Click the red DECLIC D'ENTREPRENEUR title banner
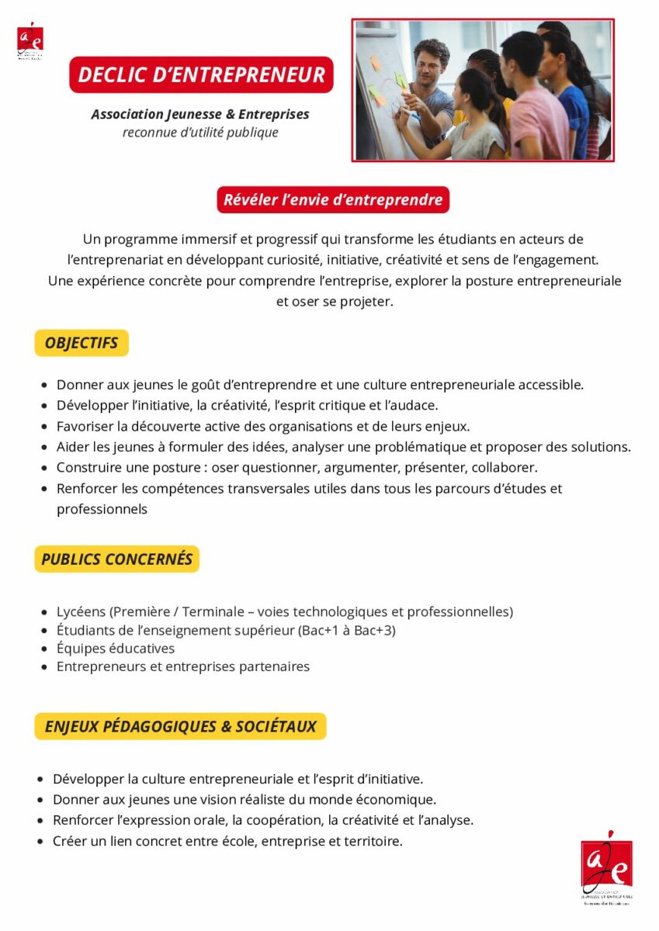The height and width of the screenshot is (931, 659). [x=201, y=75]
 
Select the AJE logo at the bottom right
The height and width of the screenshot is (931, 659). [x=606, y=867]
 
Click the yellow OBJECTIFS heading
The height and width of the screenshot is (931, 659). [x=82, y=343]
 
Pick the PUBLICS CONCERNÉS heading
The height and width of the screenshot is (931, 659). [x=116, y=559]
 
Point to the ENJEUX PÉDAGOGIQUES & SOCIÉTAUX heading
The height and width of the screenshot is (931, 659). [x=180, y=727]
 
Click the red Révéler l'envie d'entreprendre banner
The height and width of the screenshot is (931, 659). [x=333, y=200]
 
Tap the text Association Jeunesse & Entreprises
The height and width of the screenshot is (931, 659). [x=200, y=114]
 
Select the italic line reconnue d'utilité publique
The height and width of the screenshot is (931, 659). [x=200, y=133]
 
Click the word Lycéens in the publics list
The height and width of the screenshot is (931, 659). [x=81, y=612]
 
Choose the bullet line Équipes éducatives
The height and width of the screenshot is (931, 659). [x=116, y=649]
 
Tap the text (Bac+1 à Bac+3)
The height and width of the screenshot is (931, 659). [x=347, y=631]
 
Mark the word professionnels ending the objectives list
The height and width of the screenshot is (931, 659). [x=102, y=510]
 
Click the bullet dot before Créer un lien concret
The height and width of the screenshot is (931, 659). [x=40, y=842]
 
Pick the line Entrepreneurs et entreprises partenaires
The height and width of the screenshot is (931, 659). [x=183, y=666]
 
